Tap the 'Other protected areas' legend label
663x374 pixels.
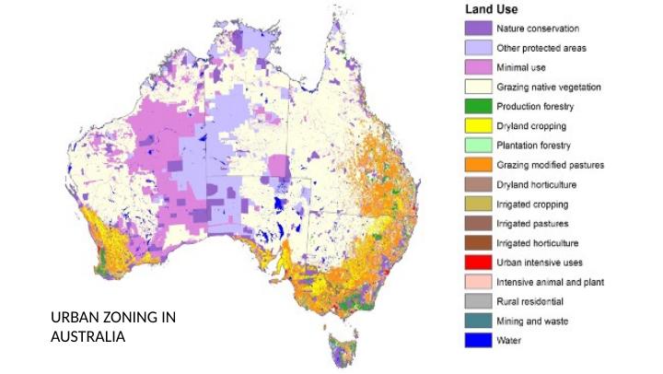(541, 48)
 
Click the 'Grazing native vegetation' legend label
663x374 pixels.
(549, 88)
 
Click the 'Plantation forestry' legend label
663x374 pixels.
(534, 146)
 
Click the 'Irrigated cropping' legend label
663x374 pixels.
(532, 205)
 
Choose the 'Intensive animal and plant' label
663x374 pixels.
(550, 282)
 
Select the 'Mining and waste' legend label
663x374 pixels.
(531, 321)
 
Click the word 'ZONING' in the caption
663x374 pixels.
(128, 318)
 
